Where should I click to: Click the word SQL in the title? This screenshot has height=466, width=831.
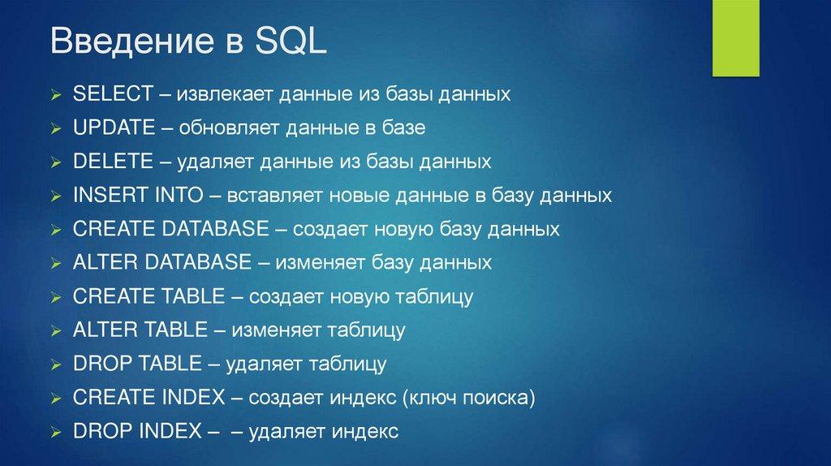pyautogui.click(x=291, y=41)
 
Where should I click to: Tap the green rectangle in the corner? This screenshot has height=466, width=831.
pyautogui.click(x=735, y=38)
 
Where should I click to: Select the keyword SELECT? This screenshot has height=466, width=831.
pyautogui.click(x=113, y=94)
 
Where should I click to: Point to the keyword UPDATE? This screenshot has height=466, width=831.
pyautogui.click(x=114, y=127)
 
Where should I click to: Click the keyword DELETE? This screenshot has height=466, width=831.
pyautogui.click(x=113, y=162)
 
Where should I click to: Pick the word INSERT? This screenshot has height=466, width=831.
pyautogui.click(x=110, y=195)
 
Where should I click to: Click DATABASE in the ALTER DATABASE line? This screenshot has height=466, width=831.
pyautogui.click(x=198, y=262)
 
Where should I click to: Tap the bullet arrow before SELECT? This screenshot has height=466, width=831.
pyautogui.click(x=56, y=96)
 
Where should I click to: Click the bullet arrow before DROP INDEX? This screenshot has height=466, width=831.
pyautogui.click(x=56, y=434)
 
